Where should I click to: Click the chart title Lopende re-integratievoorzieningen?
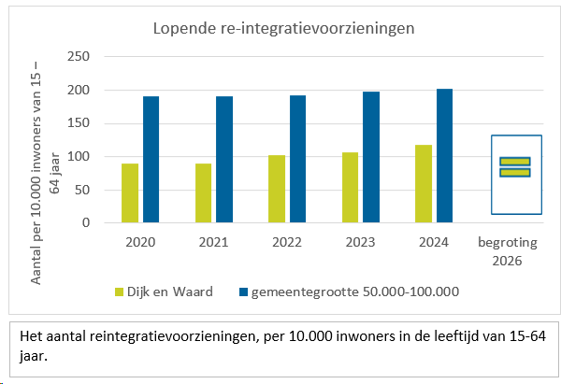pyautogui.click(x=283, y=28)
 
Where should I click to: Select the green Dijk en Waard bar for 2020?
pyautogui.click(x=129, y=193)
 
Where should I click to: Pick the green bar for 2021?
pyautogui.click(x=203, y=193)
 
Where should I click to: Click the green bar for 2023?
pyautogui.click(x=350, y=188)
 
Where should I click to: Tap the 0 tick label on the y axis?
pyautogui.click(x=85, y=223)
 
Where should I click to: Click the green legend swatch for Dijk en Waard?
pyautogui.click(x=119, y=292)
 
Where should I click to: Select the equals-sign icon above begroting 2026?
pyautogui.click(x=514, y=166)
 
